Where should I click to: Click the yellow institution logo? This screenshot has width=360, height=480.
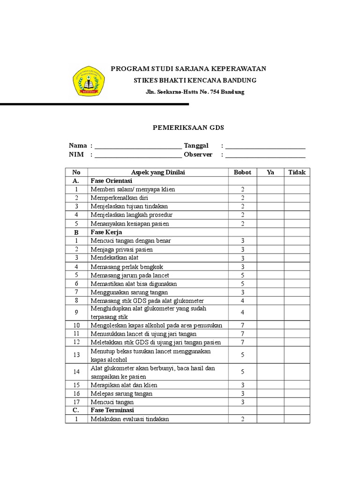[x=89, y=81]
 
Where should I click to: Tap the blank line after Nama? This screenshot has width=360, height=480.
[x=138, y=146]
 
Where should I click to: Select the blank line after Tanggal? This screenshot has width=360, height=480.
[x=265, y=146]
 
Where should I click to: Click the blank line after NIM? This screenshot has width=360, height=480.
[x=138, y=155]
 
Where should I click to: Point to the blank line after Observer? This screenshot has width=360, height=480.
[x=265, y=155]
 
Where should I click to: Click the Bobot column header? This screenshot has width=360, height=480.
[x=242, y=172]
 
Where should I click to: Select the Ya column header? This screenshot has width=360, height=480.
[x=270, y=172]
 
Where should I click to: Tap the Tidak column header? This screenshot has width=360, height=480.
[x=297, y=172]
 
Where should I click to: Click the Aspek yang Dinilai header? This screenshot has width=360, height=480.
[x=158, y=172]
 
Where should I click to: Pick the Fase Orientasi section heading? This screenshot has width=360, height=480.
[x=112, y=181]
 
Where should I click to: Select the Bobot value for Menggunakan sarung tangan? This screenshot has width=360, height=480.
[x=242, y=292]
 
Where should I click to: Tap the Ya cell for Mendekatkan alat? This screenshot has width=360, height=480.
[x=270, y=258]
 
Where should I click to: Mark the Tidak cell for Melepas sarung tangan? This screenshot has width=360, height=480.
[x=297, y=394]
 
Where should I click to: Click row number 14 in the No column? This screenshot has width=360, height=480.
[x=76, y=372]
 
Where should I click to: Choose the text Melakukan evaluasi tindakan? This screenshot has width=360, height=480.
[x=130, y=419]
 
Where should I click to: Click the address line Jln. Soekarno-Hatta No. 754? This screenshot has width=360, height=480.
[x=195, y=92]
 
